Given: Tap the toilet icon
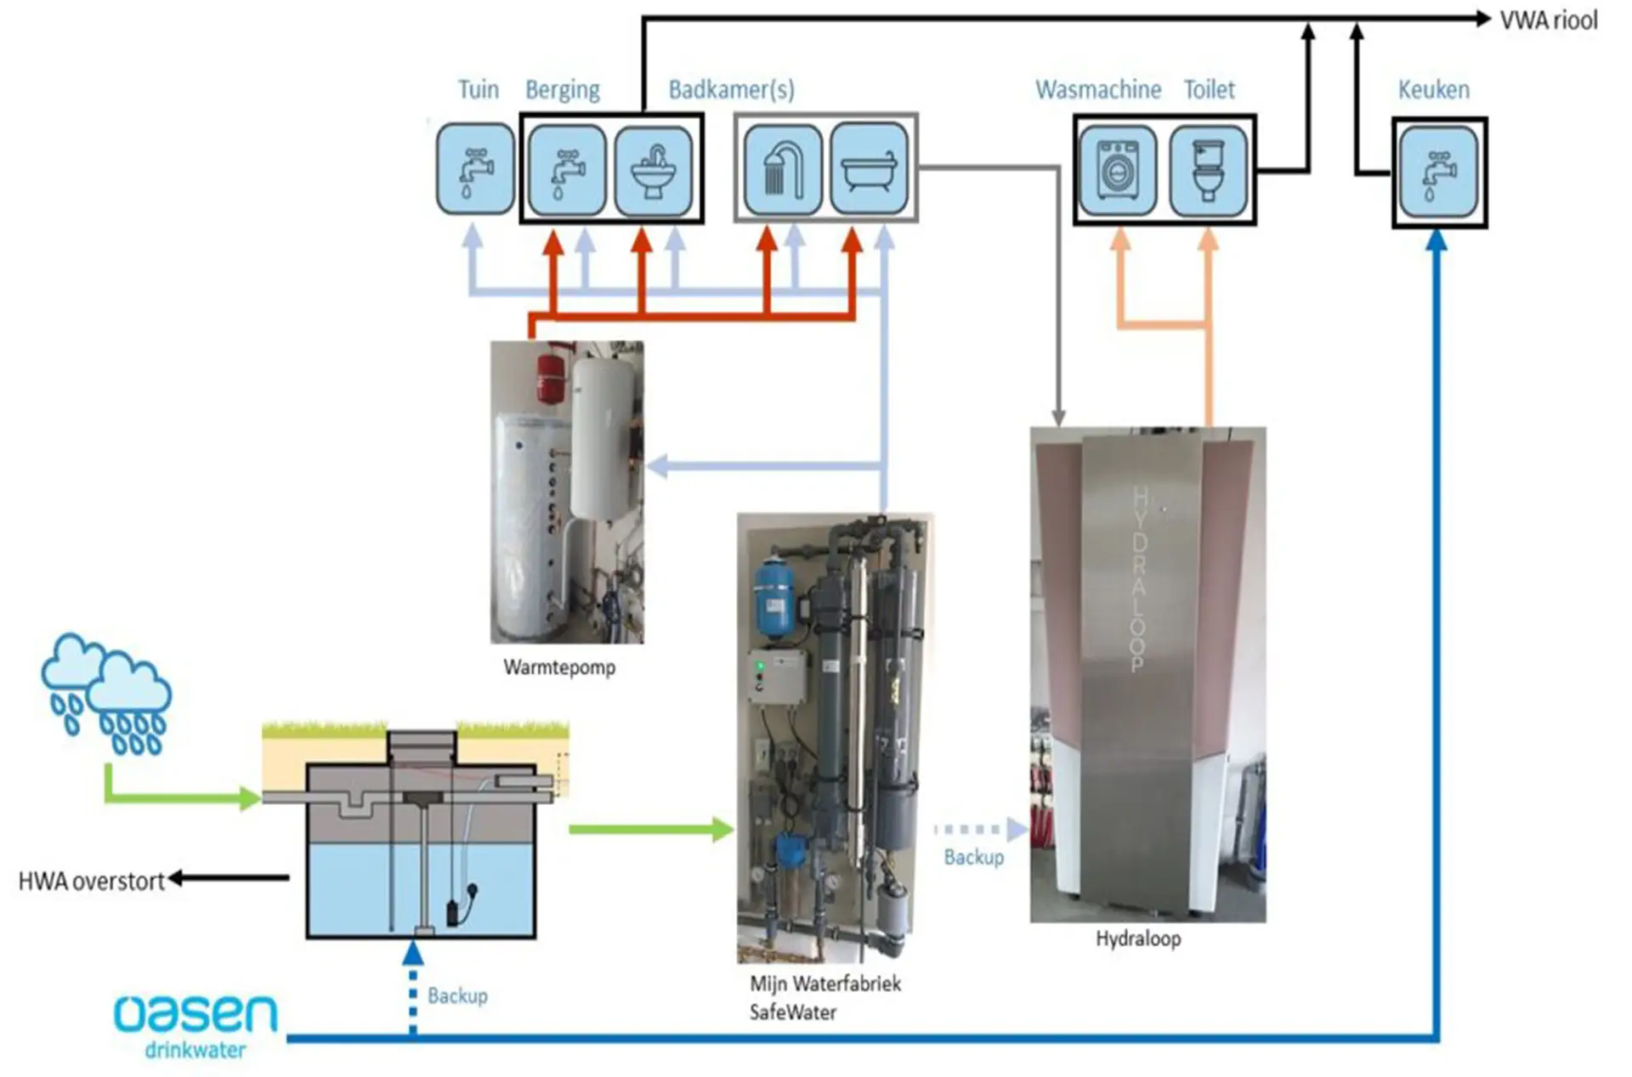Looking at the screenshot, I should (x=1208, y=170).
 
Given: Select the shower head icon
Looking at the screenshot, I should (x=782, y=168).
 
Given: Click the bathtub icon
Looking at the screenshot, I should (x=869, y=168).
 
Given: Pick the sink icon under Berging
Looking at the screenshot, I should (x=653, y=170).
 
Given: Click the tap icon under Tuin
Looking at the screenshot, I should (x=475, y=168).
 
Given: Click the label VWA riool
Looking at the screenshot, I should (x=1548, y=20).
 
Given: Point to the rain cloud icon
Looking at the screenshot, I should (x=106, y=694).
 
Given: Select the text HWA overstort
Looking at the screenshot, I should (x=91, y=881).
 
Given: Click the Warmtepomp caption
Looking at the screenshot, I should (x=559, y=667).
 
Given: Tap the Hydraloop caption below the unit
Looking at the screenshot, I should (x=1137, y=938).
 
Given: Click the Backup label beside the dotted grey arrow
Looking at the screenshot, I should (x=973, y=857).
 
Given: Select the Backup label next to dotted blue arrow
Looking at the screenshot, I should (x=457, y=995).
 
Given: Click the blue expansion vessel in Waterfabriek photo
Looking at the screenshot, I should (x=774, y=598).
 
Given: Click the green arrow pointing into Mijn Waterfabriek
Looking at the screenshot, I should (x=651, y=829).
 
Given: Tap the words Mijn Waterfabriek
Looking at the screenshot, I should (x=824, y=983).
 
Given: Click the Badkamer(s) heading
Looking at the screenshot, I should (x=731, y=89).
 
